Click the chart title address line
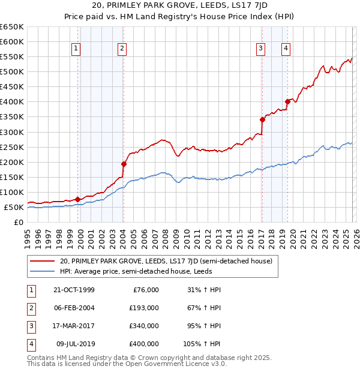coord(180,6)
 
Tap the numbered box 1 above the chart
coord(77,49)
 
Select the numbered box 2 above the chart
coord(122,49)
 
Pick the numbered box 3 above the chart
coord(262,49)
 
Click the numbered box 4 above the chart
coord(286,49)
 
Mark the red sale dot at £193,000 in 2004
coord(124,164)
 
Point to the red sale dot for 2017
coord(262,120)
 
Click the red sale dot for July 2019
coord(287,102)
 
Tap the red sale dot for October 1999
coord(78,199)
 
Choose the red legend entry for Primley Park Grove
coord(166,261)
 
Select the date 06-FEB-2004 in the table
coord(74,307)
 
